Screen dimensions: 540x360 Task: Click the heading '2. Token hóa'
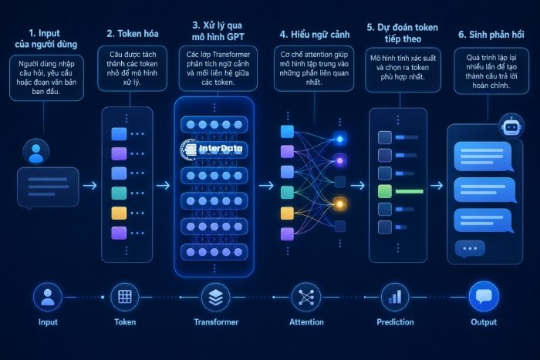133,34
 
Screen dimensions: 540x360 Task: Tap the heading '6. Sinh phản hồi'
491,35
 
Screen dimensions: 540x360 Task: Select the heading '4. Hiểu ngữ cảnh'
315,35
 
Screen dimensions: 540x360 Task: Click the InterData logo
211,149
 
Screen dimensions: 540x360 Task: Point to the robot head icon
511,126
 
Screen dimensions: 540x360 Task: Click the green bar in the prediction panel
409,191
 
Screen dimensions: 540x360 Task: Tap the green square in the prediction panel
385,191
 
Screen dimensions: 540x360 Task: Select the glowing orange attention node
339,204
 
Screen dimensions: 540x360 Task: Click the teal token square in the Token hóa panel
119,193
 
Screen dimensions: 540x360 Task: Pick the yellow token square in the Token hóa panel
119,213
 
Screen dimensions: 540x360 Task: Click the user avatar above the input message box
36,152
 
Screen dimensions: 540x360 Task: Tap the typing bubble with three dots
470,248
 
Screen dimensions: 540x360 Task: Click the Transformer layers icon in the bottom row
216,297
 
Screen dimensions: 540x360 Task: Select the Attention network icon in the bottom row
306,297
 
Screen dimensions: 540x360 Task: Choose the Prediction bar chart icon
395,297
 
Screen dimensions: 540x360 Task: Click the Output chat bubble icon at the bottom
484,297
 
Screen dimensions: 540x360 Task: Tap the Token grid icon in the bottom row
125,297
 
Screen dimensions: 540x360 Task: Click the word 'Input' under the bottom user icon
48,322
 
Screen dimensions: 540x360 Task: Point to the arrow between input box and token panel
90,186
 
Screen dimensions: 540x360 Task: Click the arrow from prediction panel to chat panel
437,186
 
